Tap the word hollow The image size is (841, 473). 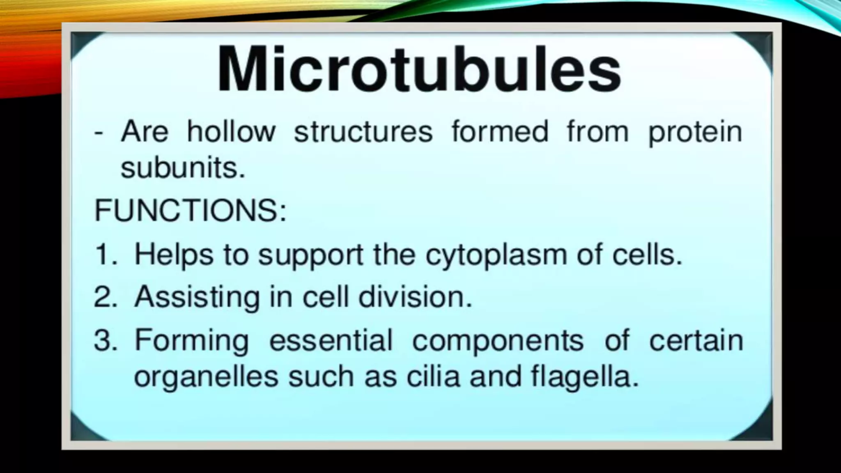pyautogui.click(x=231, y=132)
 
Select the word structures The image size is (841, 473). pyautogui.click(x=363, y=132)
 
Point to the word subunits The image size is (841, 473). pyautogui.click(x=183, y=168)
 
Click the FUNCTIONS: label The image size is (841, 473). pyautogui.click(x=190, y=210)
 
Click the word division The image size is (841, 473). pyautogui.click(x=415, y=297)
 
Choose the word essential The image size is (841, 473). pyautogui.click(x=331, y=340)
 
